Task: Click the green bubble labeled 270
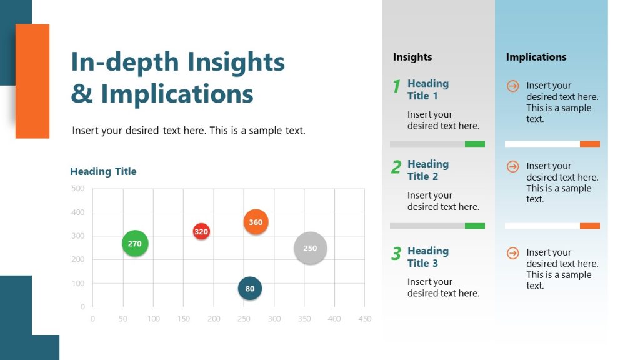click(x=135, y=244)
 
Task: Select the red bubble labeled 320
click(x=201, y=232)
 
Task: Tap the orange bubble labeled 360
click(x=256, y=222)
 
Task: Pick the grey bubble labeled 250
click(x=310, y=248)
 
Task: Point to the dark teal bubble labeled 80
click(x=250, y=289)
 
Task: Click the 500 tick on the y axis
click(x=78, y=188)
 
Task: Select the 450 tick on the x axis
click(x=365, y=319)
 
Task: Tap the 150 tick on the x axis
click(x=183, y=319)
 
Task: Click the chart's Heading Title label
click(x=103, y=171)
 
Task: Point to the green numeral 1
click(x=396, y=87)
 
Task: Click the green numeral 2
click(x=396, y=167)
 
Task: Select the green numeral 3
click(x=396, y=254)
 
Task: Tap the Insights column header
click(x=412, y=57)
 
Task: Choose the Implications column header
click(x=536, y=57)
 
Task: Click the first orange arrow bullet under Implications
click(x=512, y=86)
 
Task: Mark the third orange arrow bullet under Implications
click(x=512, y=253)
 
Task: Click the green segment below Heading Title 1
click(x=475, y=144)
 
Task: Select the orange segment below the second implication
click(x=590, y=226)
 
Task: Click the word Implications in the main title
click(x=177, y=94)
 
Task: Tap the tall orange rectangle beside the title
click(x=32, y=81)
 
